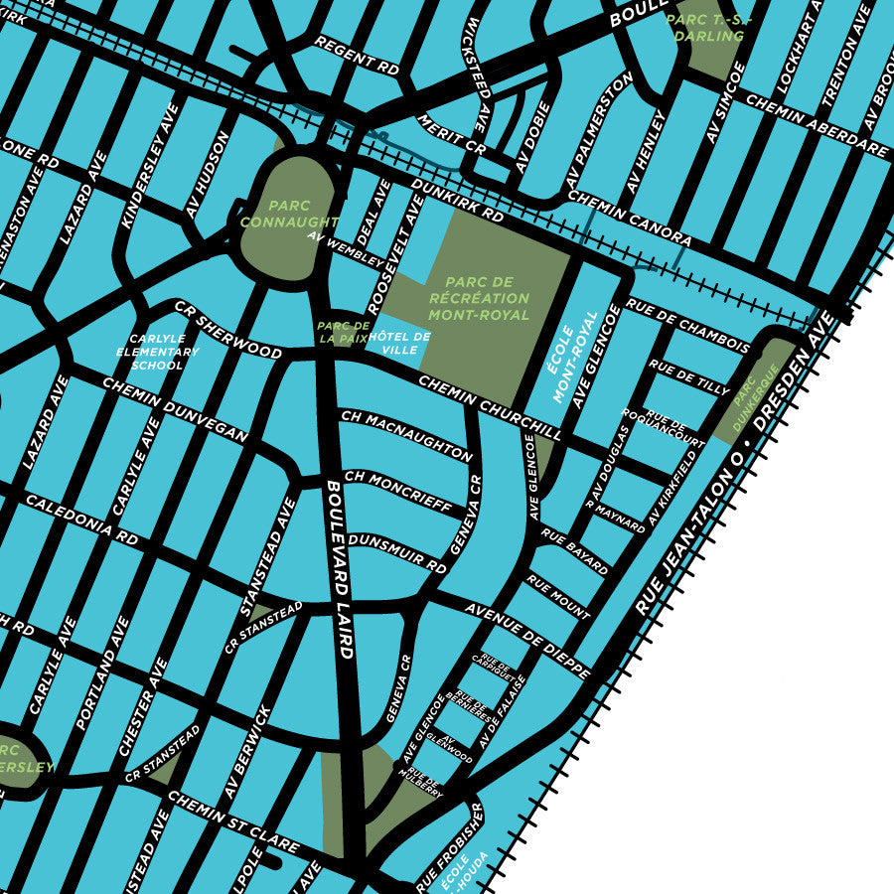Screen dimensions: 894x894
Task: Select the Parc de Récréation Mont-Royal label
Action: tap(479, 298)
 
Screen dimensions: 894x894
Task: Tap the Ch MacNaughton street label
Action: tap(406, 435)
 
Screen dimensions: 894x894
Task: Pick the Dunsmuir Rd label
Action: tap(397, 550)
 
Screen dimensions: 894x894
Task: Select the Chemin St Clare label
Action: tap(232, 820)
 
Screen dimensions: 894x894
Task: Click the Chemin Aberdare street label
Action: tap(815, 125)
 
